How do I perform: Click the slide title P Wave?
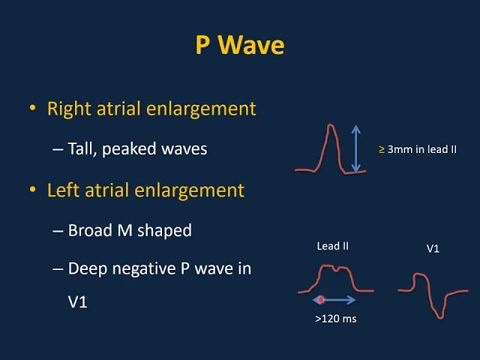tap(240, 45)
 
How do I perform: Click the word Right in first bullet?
tap(69, 109)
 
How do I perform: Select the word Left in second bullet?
tap(64, 190)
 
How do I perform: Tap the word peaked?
tap(129, 149)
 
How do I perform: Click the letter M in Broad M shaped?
tap(125, 230)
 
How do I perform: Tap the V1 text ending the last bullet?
tap(77, 301)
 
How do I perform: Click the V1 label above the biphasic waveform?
tap(433, 248)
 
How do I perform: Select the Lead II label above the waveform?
tap(333, 246)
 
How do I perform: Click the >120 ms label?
tap(336, 319)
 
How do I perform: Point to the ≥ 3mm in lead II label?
tap(418, 149)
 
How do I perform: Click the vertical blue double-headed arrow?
tap(355, 148)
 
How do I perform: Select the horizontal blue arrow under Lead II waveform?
tap(334, 300)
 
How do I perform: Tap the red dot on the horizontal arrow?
tap(321, 300)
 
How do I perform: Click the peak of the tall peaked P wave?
tap(330, 125)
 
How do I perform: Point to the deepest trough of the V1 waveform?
tap(440, 318)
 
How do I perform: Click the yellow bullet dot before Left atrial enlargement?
tap(32, 190)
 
